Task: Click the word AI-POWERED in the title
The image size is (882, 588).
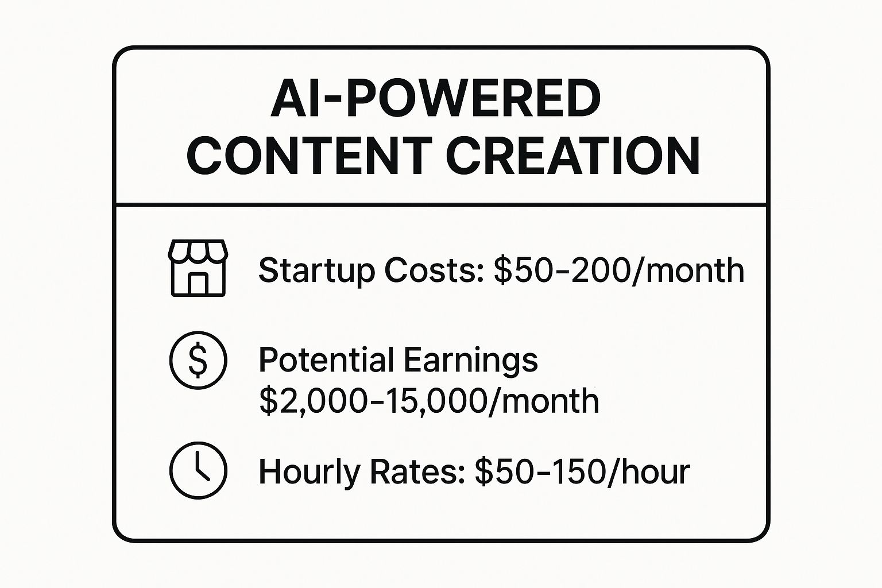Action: point(436,99)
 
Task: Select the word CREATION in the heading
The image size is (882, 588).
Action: point(572,156)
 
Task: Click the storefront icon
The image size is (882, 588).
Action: point(198,268)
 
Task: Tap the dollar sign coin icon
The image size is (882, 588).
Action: point(198,360)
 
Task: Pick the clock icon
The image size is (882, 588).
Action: point(198,470)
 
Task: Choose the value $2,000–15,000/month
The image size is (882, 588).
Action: point(429,400)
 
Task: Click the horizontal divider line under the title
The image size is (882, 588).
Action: point(441,204)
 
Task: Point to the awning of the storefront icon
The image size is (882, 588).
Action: point(198,252)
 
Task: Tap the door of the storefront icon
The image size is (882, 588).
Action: point(198,283)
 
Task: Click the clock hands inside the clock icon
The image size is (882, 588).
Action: point(199,466)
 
